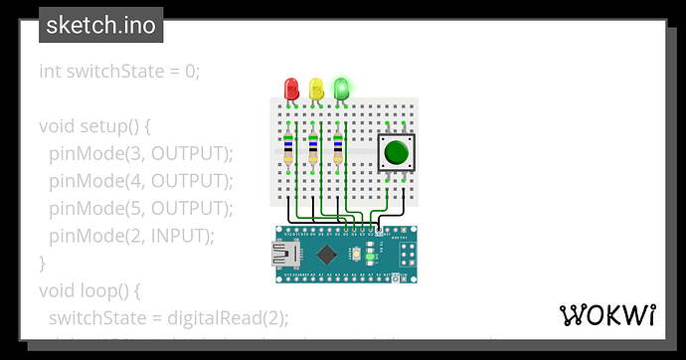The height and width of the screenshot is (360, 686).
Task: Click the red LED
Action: click(291, 89)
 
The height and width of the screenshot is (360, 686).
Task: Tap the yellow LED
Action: click(316, 89)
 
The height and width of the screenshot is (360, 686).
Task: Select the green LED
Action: click(341, 89)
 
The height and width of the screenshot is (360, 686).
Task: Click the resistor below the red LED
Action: click(289, 146)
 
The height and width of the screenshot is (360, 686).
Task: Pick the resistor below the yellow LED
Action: click(314, 146)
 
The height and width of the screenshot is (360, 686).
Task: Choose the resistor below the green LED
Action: click(339, 146)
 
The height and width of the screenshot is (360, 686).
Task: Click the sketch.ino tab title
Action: click(100, 25)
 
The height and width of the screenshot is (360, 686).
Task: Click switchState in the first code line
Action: click(116, 72)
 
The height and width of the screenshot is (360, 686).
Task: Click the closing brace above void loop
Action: click(43, 264)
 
